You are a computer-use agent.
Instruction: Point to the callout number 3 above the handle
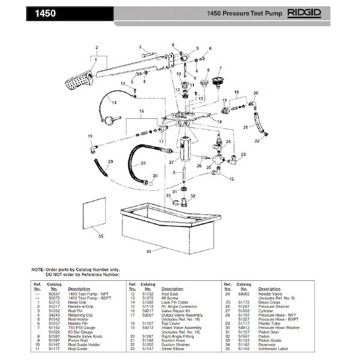139,47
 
